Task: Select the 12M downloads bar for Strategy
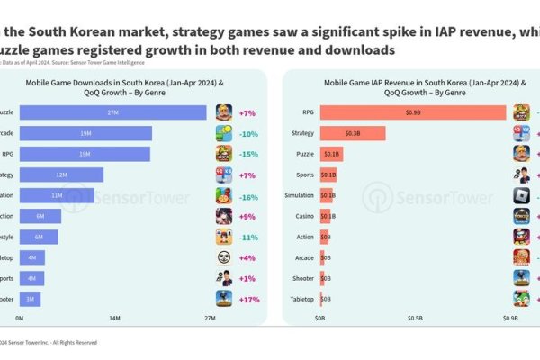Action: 61,175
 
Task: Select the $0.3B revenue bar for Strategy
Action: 352,133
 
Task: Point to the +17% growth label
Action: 249,298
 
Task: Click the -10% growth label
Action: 249,134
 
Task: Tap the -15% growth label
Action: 249,154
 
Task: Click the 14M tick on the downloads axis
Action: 114,318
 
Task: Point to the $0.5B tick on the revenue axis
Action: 414,318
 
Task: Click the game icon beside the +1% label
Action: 224,277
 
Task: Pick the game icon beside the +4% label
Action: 224,256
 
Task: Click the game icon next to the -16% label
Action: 224,195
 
